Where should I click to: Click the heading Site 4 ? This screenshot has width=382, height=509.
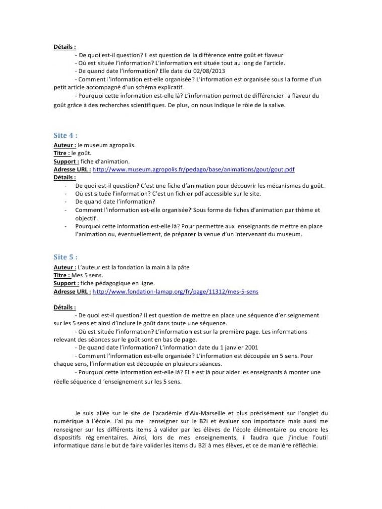click(65, 135)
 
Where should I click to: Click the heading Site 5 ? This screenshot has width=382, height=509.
click(65, 257)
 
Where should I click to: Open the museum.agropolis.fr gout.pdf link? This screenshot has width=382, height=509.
click(194, 170)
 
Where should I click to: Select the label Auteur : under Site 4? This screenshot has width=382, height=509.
click(64, 145)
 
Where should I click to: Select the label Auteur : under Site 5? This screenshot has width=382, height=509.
click(65, 266)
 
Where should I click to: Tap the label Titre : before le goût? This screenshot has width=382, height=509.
click(62, 153)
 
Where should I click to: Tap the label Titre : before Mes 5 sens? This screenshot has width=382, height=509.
click(62, 275)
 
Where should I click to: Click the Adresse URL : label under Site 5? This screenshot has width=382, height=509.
click(72, 291)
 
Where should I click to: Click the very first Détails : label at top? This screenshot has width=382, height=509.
click(65, 47)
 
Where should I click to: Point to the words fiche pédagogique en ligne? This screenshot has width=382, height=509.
click(118, 283)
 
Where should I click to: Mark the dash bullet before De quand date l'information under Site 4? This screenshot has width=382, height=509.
click(66, 202)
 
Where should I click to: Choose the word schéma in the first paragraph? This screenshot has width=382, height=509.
click(136, 87)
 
